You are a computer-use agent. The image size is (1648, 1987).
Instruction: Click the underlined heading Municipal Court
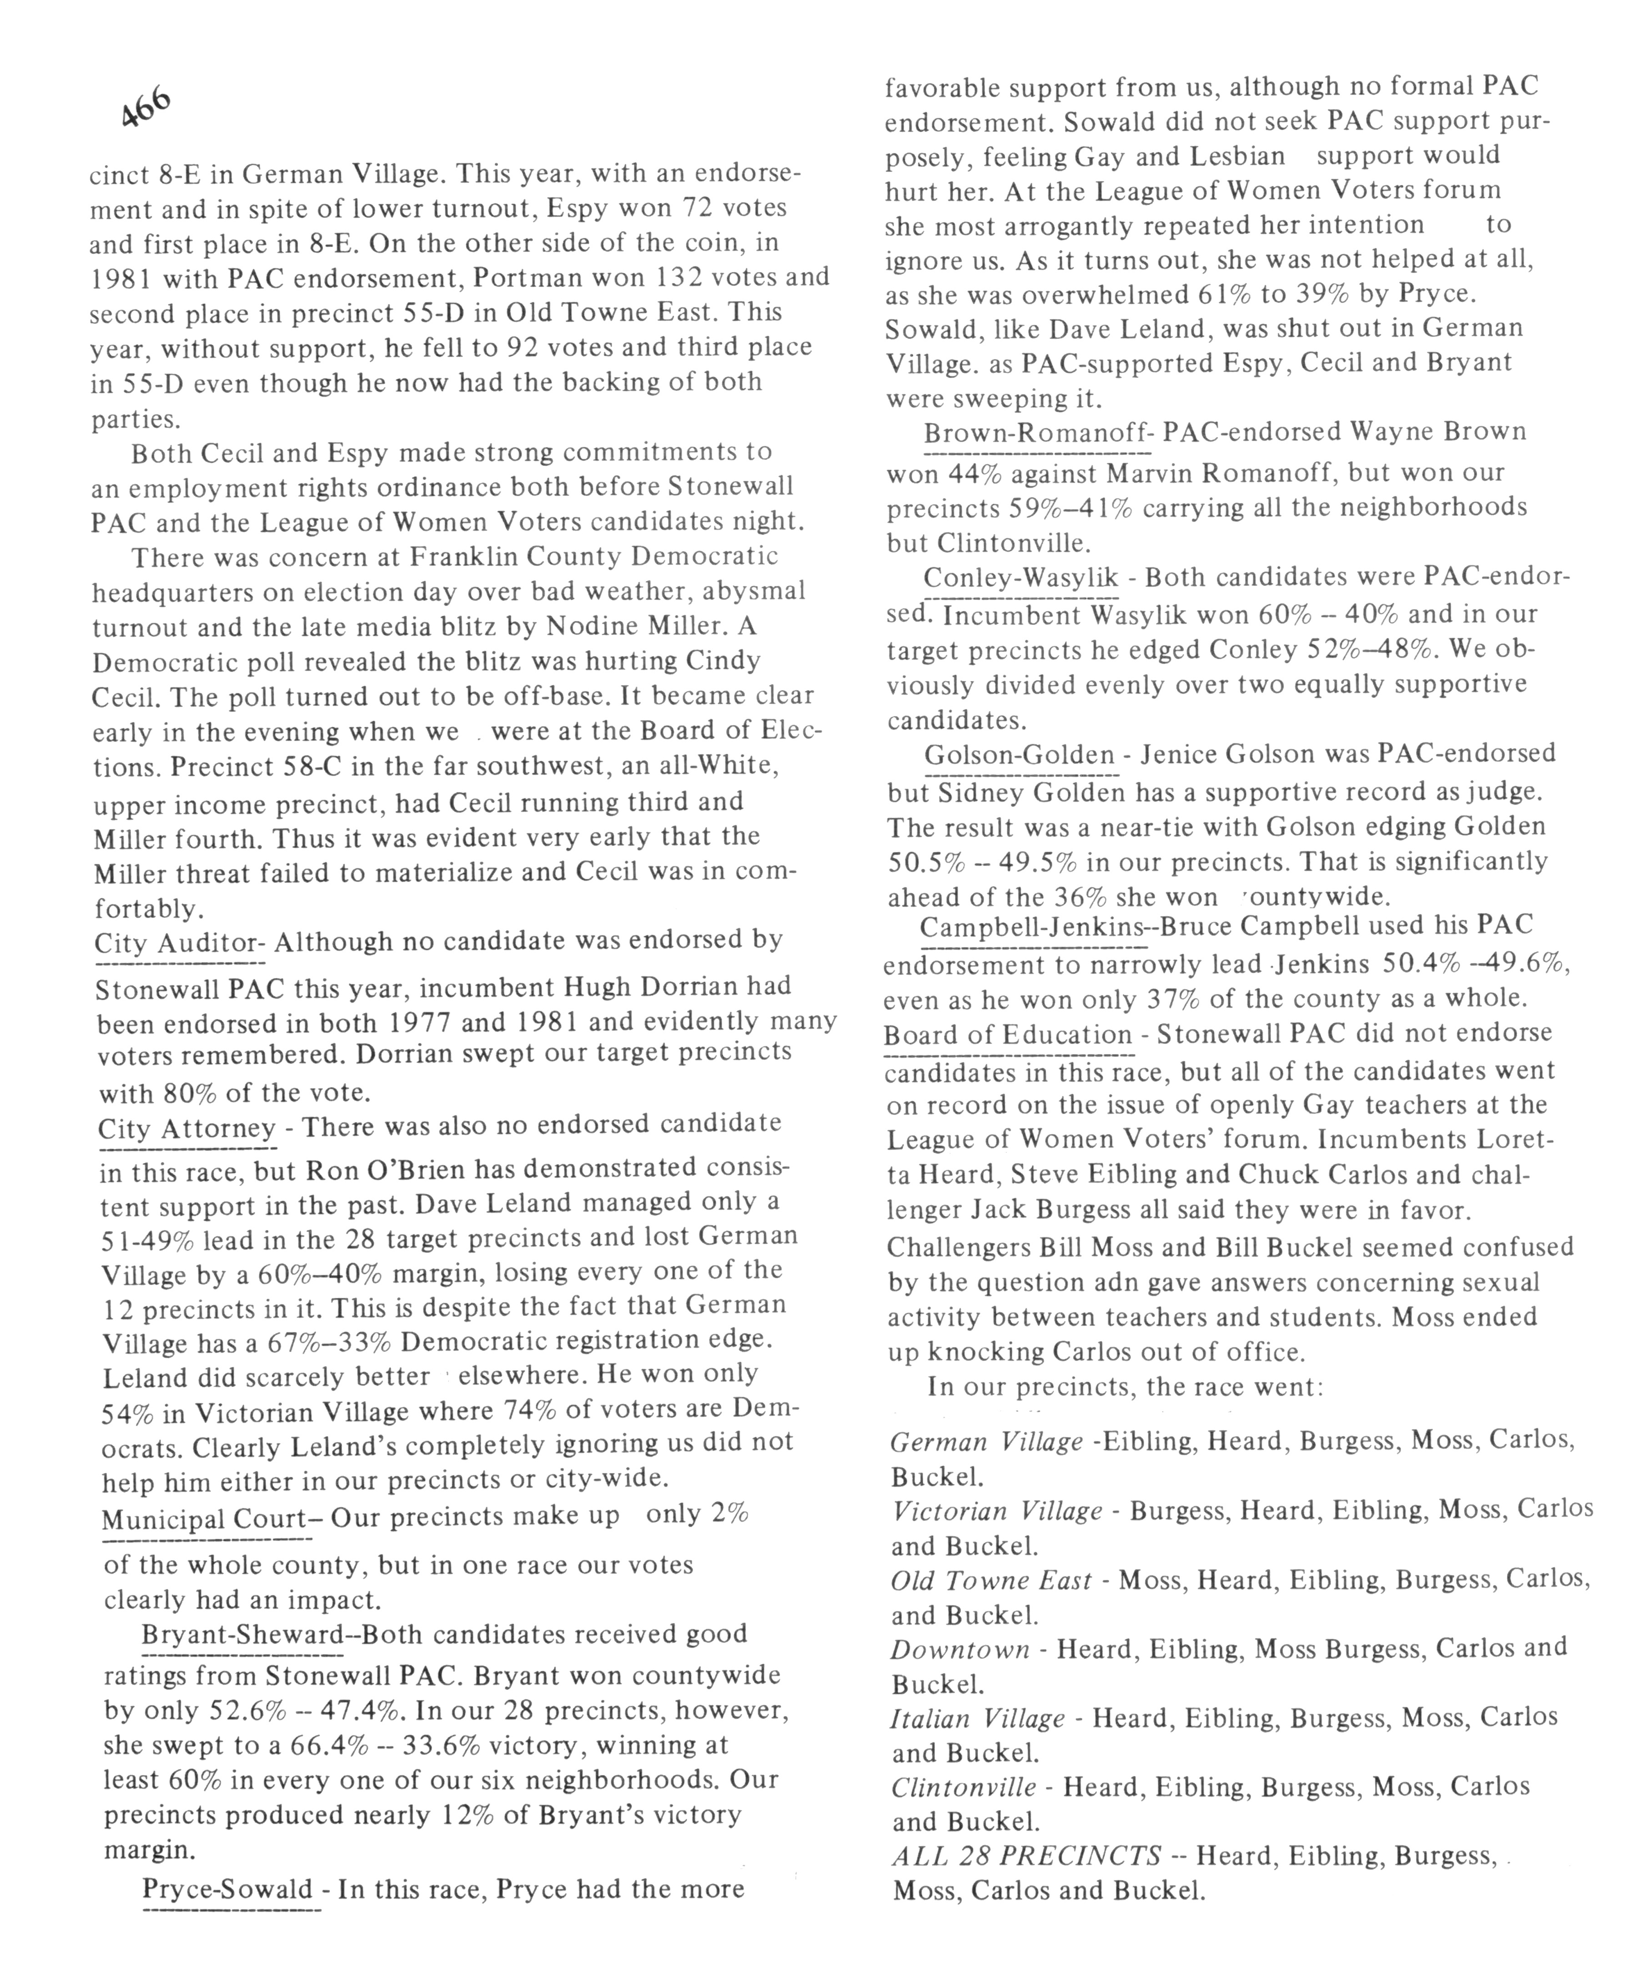point(202,1519)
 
